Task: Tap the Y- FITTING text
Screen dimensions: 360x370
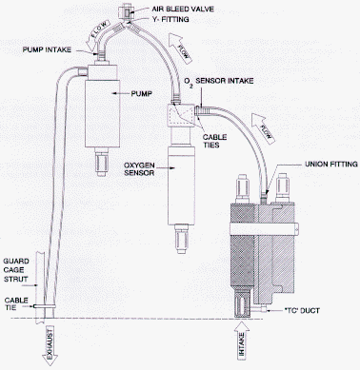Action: tap(170, 19)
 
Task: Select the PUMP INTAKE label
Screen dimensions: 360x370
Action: tap(47, 49)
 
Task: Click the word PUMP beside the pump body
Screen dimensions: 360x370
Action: tap(142, 93)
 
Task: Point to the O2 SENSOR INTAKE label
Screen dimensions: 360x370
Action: tap(219, 82)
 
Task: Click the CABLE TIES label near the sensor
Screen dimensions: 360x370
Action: tap(215, 141)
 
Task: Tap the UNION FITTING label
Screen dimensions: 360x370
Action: tap(331, 165)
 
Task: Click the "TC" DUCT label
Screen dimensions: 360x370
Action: tap(301, 311)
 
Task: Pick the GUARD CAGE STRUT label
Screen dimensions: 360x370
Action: tap(16, 270)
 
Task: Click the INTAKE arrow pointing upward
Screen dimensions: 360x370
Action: tap(242, 341)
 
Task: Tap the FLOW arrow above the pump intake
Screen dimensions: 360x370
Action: tap(99, 34)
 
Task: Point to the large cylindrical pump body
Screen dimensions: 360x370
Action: tap(102, 113)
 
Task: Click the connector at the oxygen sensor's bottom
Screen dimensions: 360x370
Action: tap(181, 240)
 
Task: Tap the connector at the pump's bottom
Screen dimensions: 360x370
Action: tap(102, 162)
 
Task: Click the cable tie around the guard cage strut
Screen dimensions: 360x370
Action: tap(45, 306)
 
